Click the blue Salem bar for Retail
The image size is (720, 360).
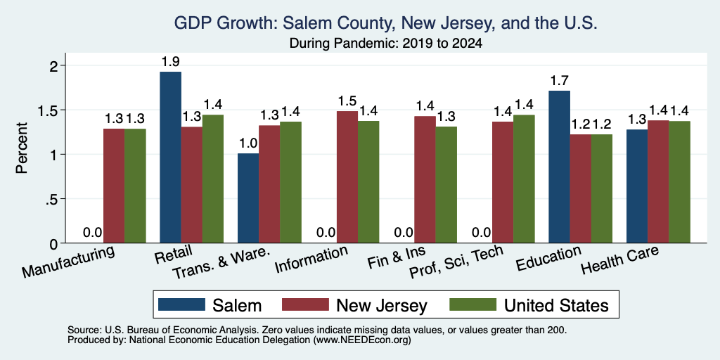pos(170,157)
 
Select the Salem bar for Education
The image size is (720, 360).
pos(559,167)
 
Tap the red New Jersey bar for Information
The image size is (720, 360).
pos(347,176)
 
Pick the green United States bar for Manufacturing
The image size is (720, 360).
pos(135,186)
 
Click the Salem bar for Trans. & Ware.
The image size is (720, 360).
pos(248,198)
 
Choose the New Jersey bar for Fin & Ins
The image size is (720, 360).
pos(425,179)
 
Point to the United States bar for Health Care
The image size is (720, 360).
pos(680,182)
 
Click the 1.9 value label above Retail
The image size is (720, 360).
pos(170,62)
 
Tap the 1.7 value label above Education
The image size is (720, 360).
pos(559,81)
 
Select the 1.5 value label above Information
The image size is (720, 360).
pos(347,101)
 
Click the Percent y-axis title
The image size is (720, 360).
pos(22,148)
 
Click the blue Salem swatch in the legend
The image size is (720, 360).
pos(181,304)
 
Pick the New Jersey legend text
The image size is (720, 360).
pos(382,305)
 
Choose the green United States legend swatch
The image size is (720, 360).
pos(472,304)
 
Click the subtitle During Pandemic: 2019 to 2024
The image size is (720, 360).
pos(385,44)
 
